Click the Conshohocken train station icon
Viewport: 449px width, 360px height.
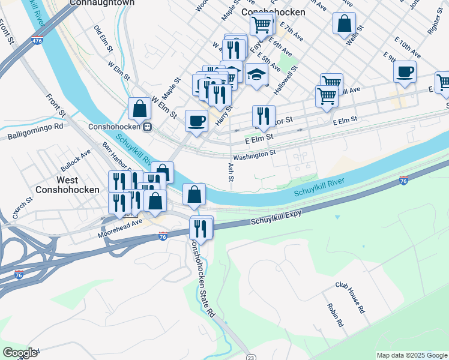[146, 127]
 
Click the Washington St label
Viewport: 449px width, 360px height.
[254, 154]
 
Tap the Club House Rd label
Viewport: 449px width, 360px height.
[350, 299]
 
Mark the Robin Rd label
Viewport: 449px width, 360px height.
[335, 314]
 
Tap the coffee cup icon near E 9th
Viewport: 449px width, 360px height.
[405, 71]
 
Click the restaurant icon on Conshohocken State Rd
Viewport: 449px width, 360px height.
[201, 228]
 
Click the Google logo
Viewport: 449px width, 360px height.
[20, 353]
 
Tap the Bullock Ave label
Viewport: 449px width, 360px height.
[76, 160]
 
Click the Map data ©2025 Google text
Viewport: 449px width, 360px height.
[411, 355]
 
